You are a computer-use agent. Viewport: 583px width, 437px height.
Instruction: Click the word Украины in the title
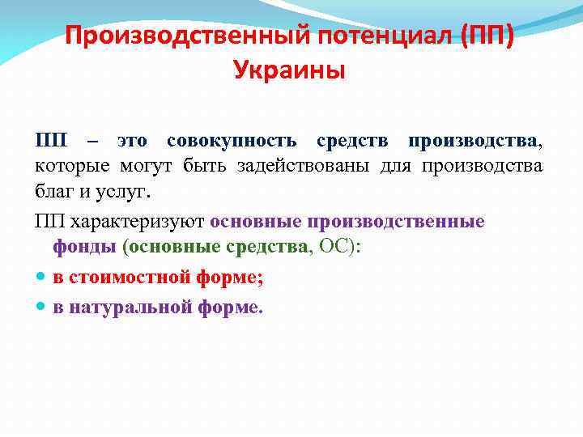tap(289, 71)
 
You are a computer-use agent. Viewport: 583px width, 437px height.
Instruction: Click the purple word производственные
tap(394, 221)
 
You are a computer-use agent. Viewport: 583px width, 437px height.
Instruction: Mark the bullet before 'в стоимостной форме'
tap(41, 277)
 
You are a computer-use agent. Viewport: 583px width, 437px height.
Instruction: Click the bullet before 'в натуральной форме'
tap(41, 307)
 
